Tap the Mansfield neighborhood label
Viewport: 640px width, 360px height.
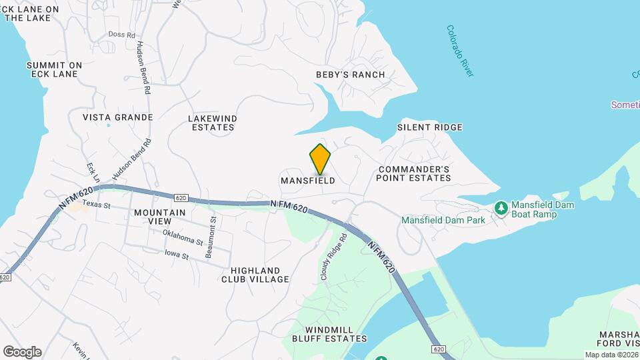pos(307,181)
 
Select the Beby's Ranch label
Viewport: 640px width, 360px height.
pos(350,75)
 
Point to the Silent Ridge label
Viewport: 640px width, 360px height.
pos(429,127)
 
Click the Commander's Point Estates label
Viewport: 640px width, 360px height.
pos(413,174)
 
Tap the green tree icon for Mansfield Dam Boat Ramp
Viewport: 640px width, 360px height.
pos(501,209)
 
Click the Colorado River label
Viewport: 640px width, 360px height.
pos(460,51)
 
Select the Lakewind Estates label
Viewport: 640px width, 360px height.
pos(213,123)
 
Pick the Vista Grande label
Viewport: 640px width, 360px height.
pos(118,117)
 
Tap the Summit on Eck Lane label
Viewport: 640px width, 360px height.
pos(54,69)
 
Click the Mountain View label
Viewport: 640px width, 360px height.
pos(159,217)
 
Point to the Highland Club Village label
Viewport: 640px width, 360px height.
pos(255,275)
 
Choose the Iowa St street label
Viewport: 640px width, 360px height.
pos(177,254)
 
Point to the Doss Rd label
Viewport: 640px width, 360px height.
pos(122,34)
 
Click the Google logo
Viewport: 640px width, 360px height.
pos(22,352)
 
